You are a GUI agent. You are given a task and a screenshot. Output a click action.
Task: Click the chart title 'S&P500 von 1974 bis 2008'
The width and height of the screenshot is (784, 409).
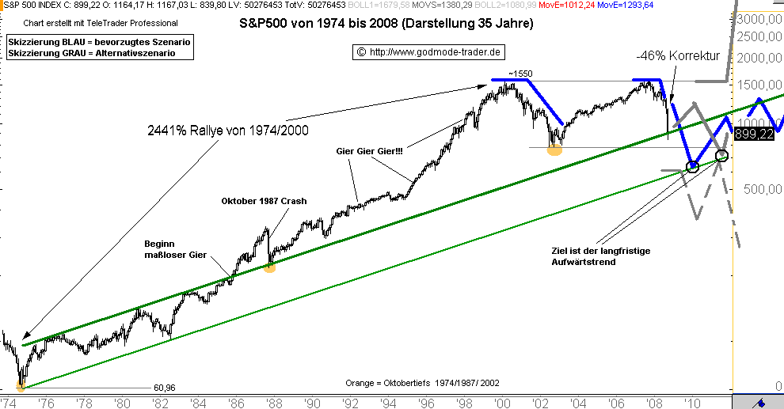coord(386,24)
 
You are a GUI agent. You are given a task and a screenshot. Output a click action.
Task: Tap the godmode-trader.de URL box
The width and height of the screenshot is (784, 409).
coord(428,52)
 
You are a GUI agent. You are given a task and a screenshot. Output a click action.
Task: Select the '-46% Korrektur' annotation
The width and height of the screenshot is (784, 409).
coord(677,56)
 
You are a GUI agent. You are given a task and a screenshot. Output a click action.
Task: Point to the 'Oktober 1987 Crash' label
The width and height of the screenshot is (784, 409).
coord(264,201)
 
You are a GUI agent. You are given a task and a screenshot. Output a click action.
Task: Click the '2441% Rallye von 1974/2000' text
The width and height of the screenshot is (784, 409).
coord(227,130)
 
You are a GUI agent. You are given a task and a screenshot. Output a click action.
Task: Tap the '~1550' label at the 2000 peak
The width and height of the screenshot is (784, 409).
coord(520,74)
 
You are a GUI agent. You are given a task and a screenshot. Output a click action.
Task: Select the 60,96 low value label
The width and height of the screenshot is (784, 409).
coord(164,388)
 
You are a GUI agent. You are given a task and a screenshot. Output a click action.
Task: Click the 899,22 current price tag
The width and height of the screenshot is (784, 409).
coord(754,134)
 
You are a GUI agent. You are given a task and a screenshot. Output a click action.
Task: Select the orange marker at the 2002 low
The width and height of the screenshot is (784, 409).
coord(554,150)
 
